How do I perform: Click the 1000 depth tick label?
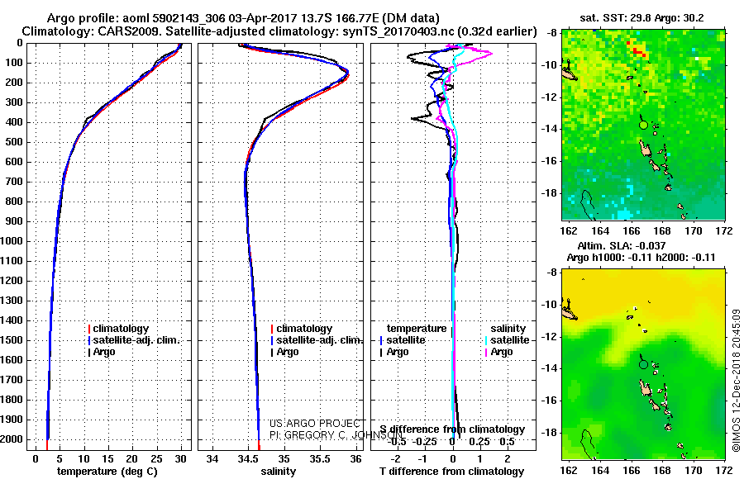pyautogui.click(x=12, y=241)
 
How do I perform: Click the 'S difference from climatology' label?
pyautogui.click(x=452, y=429)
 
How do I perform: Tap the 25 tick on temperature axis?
pyautogui.click(x=155, y=458)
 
